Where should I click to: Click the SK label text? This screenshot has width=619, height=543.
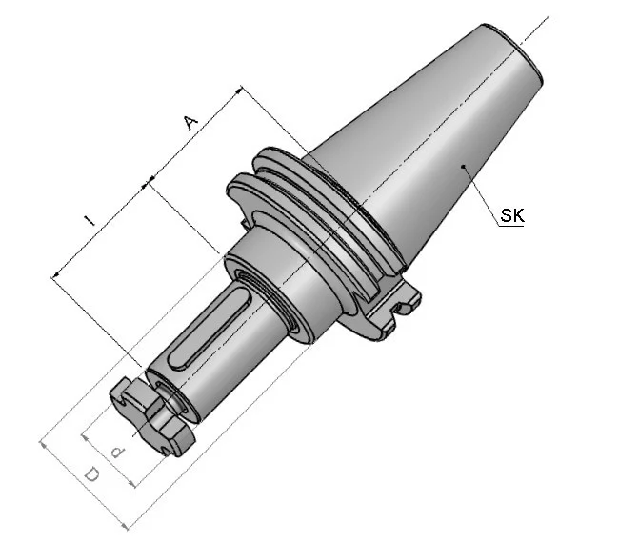(x=512, y=215)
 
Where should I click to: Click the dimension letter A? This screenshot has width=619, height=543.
(x=191, y=123)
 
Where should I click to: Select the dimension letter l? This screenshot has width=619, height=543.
(x=90, y=221)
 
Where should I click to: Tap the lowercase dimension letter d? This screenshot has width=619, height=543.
(x=118, y=452)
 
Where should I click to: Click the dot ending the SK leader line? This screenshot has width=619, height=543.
(x=465, y=167)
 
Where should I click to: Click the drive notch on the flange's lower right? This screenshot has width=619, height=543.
(x=404, y=307)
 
